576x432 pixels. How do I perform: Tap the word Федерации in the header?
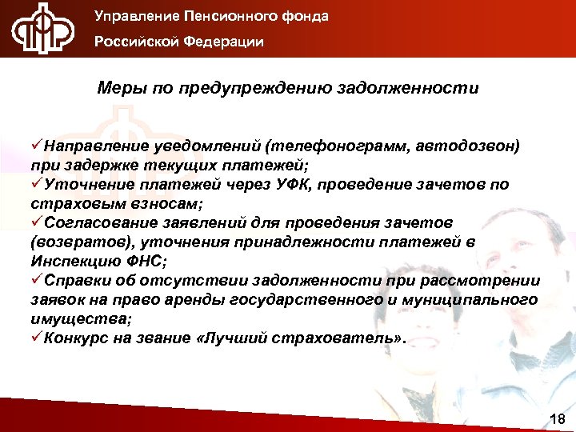pyautogui.click(x=225, y=42)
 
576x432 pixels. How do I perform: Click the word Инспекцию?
pyautogui.click(x=70, y=260)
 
